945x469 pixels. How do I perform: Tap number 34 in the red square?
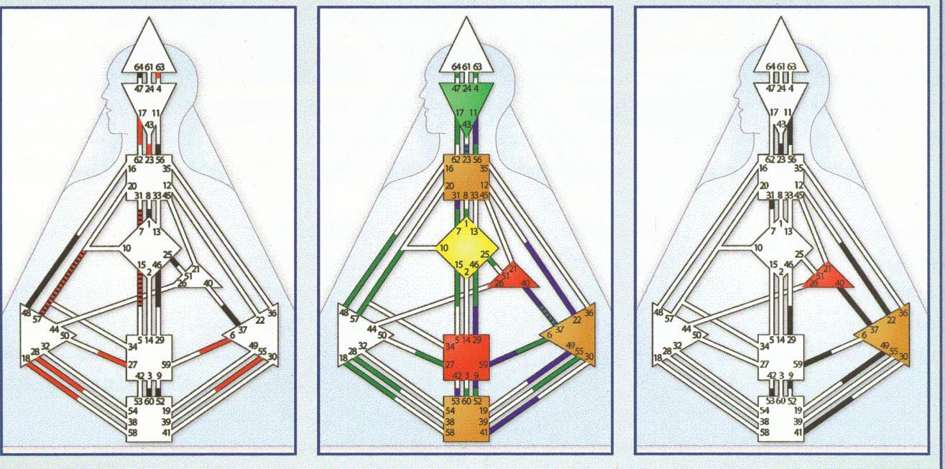tap(448, 347)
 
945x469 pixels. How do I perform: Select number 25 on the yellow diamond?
tap(485, 254)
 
